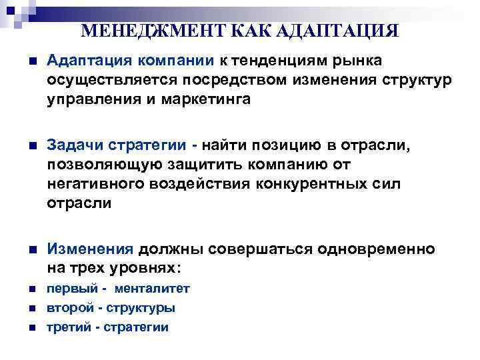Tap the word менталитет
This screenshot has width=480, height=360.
coord(153,289)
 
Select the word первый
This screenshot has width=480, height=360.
coord(67,289)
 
